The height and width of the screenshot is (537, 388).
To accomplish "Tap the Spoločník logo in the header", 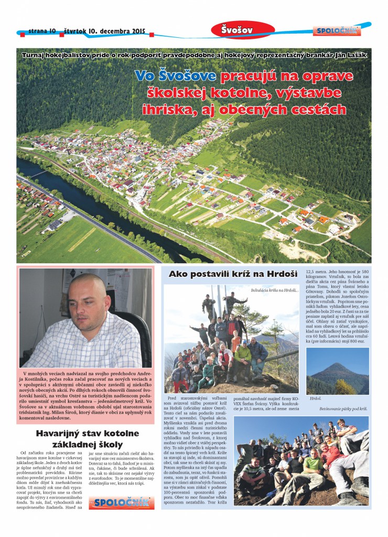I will [x=337, y=31].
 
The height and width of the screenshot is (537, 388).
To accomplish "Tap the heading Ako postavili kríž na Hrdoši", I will [x=233, y=274].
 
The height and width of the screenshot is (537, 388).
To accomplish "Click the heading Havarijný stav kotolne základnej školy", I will [x=87, y=439].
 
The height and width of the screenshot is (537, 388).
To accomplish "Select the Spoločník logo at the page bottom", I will [x=122, y=501].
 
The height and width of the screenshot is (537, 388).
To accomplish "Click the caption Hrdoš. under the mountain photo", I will [x=315, y=398].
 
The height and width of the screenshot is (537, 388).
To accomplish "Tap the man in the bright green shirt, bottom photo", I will [x=313, y=461].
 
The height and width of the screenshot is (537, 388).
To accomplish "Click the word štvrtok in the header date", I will [x=78, y=31].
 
